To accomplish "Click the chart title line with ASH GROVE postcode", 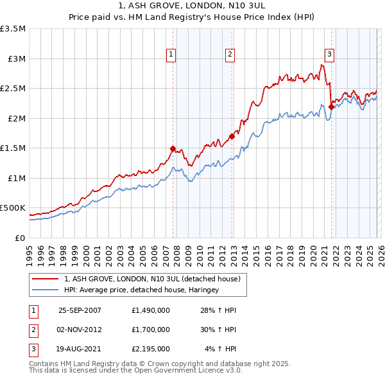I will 192,6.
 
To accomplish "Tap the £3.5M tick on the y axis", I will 13,29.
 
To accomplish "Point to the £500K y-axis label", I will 13,208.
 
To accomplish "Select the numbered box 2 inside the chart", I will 230,55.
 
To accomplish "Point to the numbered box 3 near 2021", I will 329,55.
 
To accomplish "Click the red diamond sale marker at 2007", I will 173,148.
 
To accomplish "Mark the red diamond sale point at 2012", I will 232,136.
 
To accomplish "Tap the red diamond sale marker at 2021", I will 332,107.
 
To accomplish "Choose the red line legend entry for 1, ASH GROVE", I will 152,279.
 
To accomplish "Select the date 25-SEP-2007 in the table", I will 80,310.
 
